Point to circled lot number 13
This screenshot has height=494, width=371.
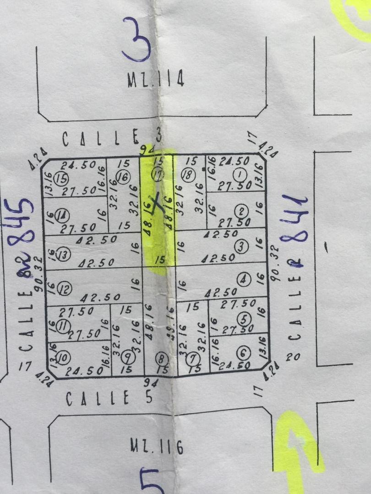point(64,254)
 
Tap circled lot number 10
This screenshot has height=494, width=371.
point(64,357)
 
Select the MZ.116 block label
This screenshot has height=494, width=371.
point(156,446)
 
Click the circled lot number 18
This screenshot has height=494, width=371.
point(186,174)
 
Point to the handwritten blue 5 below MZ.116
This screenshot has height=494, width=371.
point(153,480)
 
